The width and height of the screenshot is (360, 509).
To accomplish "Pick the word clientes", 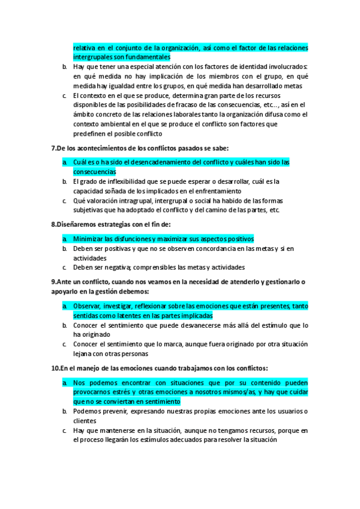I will click(x=85, y=421).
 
